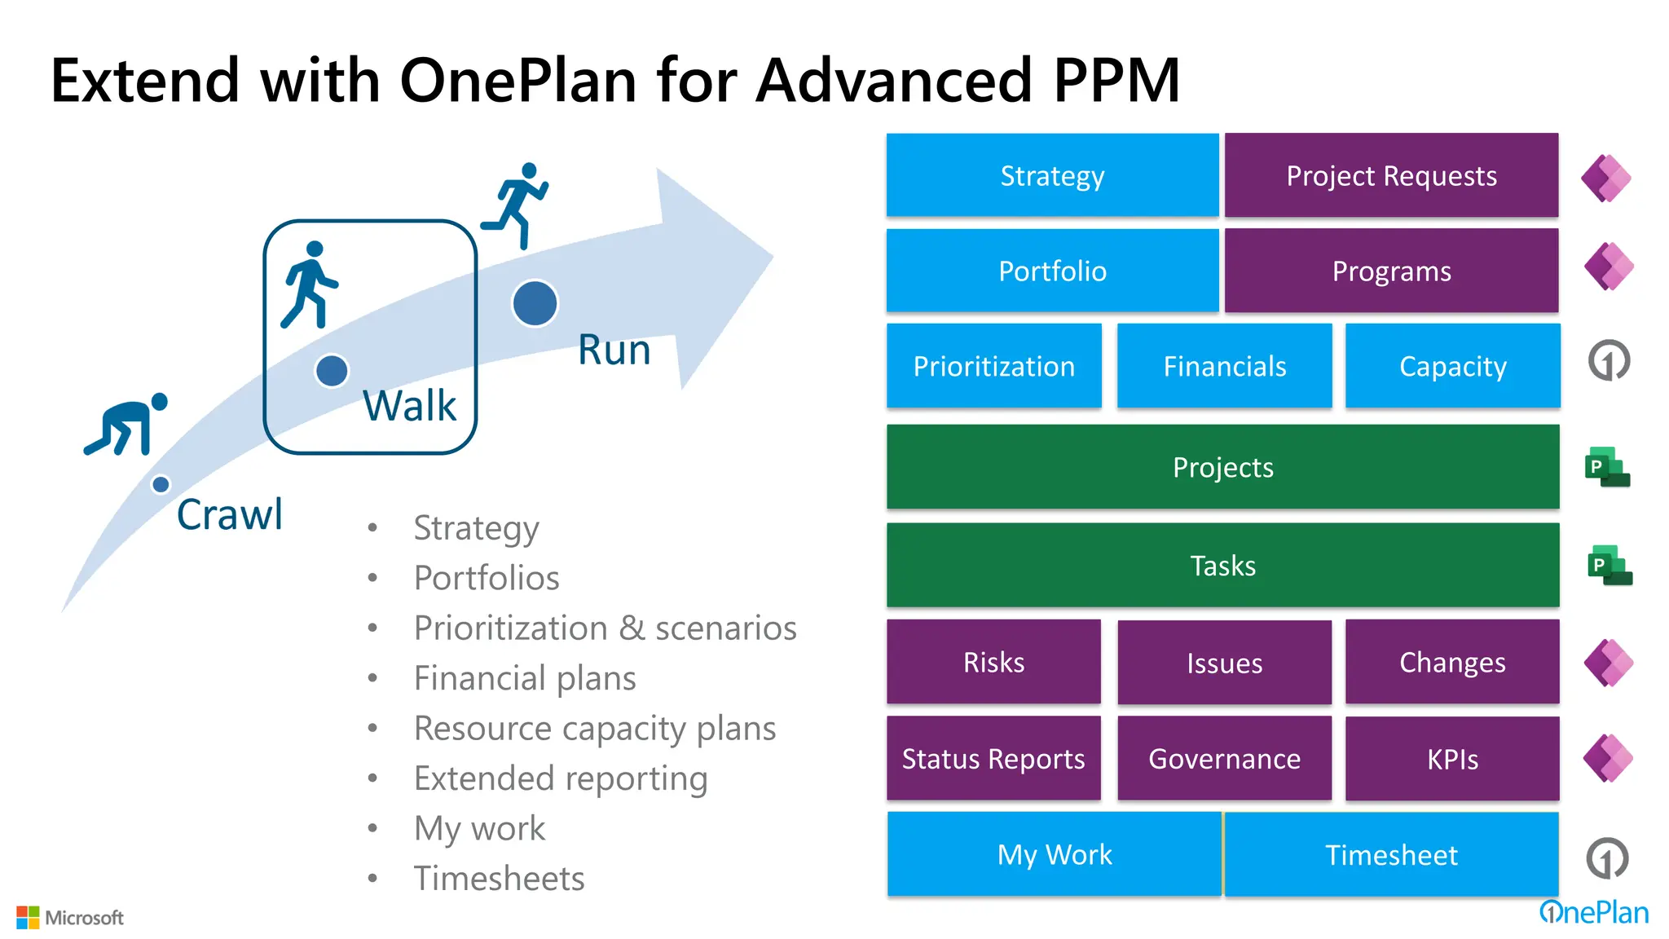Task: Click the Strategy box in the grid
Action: [1052, 175]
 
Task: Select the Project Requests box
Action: [1391, 175]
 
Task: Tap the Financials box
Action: [1224, 366]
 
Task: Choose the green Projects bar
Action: [1222, 467]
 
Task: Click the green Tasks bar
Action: [1222, 565]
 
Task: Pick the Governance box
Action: [1224, 759]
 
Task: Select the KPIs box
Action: [1452, 759]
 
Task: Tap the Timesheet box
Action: [1391, 854]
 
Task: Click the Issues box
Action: [1224, 663]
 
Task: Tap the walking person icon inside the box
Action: [309, 284]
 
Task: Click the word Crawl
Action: [230, 514]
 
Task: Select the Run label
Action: [614, 350]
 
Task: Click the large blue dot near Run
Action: [535, 303]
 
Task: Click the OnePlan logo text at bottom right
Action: [1594, 912]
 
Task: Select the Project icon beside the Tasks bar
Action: [1610, 565]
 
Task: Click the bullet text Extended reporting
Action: [561, 778]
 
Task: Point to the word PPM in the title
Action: [1116, 81]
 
